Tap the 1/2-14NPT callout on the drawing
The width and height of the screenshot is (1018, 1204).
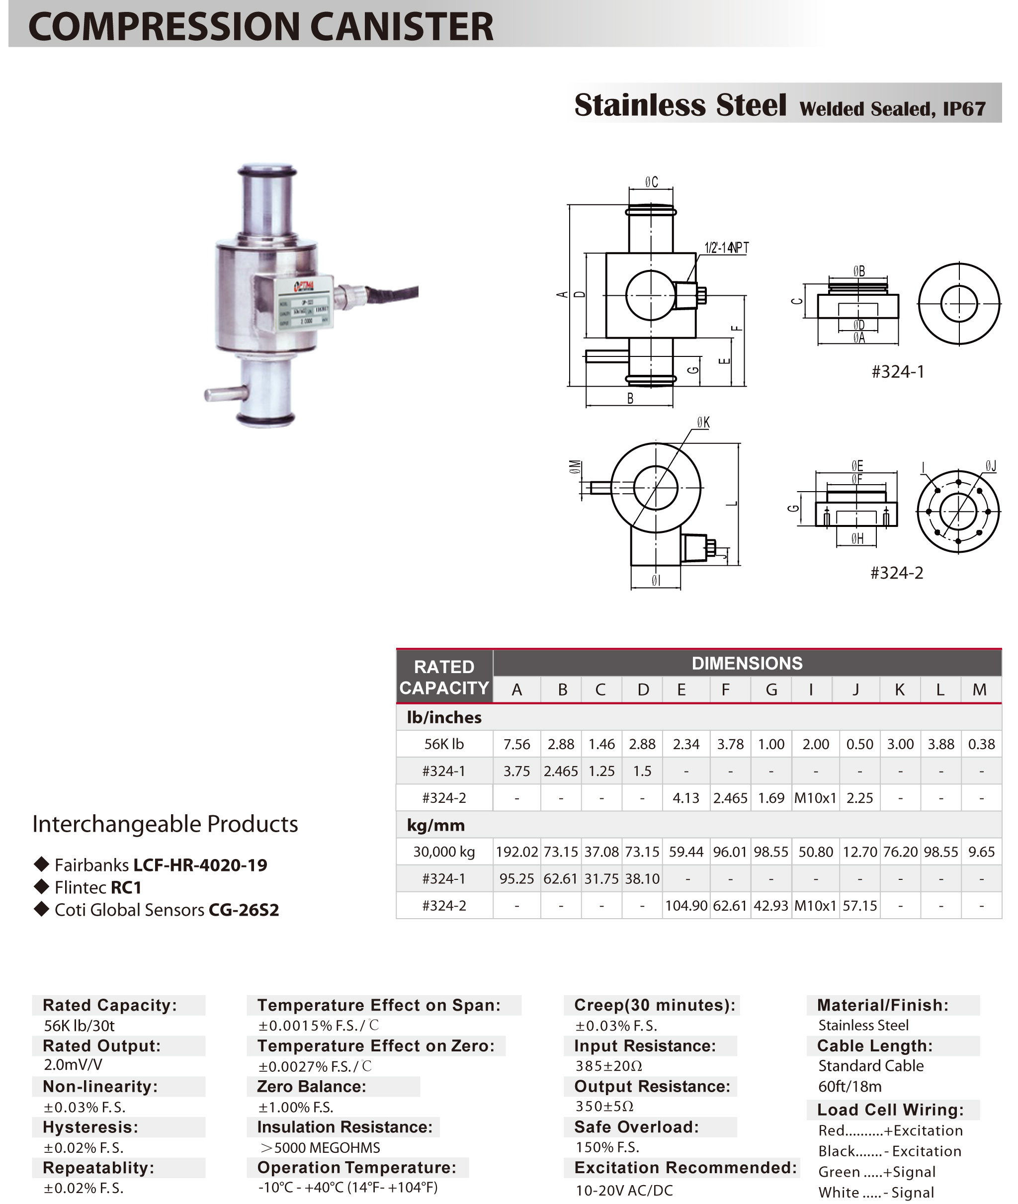click(x=726, y=248)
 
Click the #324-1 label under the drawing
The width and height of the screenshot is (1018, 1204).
click(x=897, y=372)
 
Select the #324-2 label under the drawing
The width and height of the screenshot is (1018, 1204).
click(x=896, y=573)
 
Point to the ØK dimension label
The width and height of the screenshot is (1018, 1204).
click(x=703, y=423)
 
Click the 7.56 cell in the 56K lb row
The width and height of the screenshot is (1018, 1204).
click(x=516, y=745)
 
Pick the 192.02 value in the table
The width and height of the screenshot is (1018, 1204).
click(x=516, y=852)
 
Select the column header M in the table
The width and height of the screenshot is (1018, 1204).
click(x=979, y=689)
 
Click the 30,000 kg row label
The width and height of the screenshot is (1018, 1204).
click(x=444, y=852)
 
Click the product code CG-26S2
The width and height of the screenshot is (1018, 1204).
click(x=244, y=910)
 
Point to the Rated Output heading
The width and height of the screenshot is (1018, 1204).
click(x=101, y=1046)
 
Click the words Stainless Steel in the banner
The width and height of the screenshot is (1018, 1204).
click(x=680, y=105)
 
